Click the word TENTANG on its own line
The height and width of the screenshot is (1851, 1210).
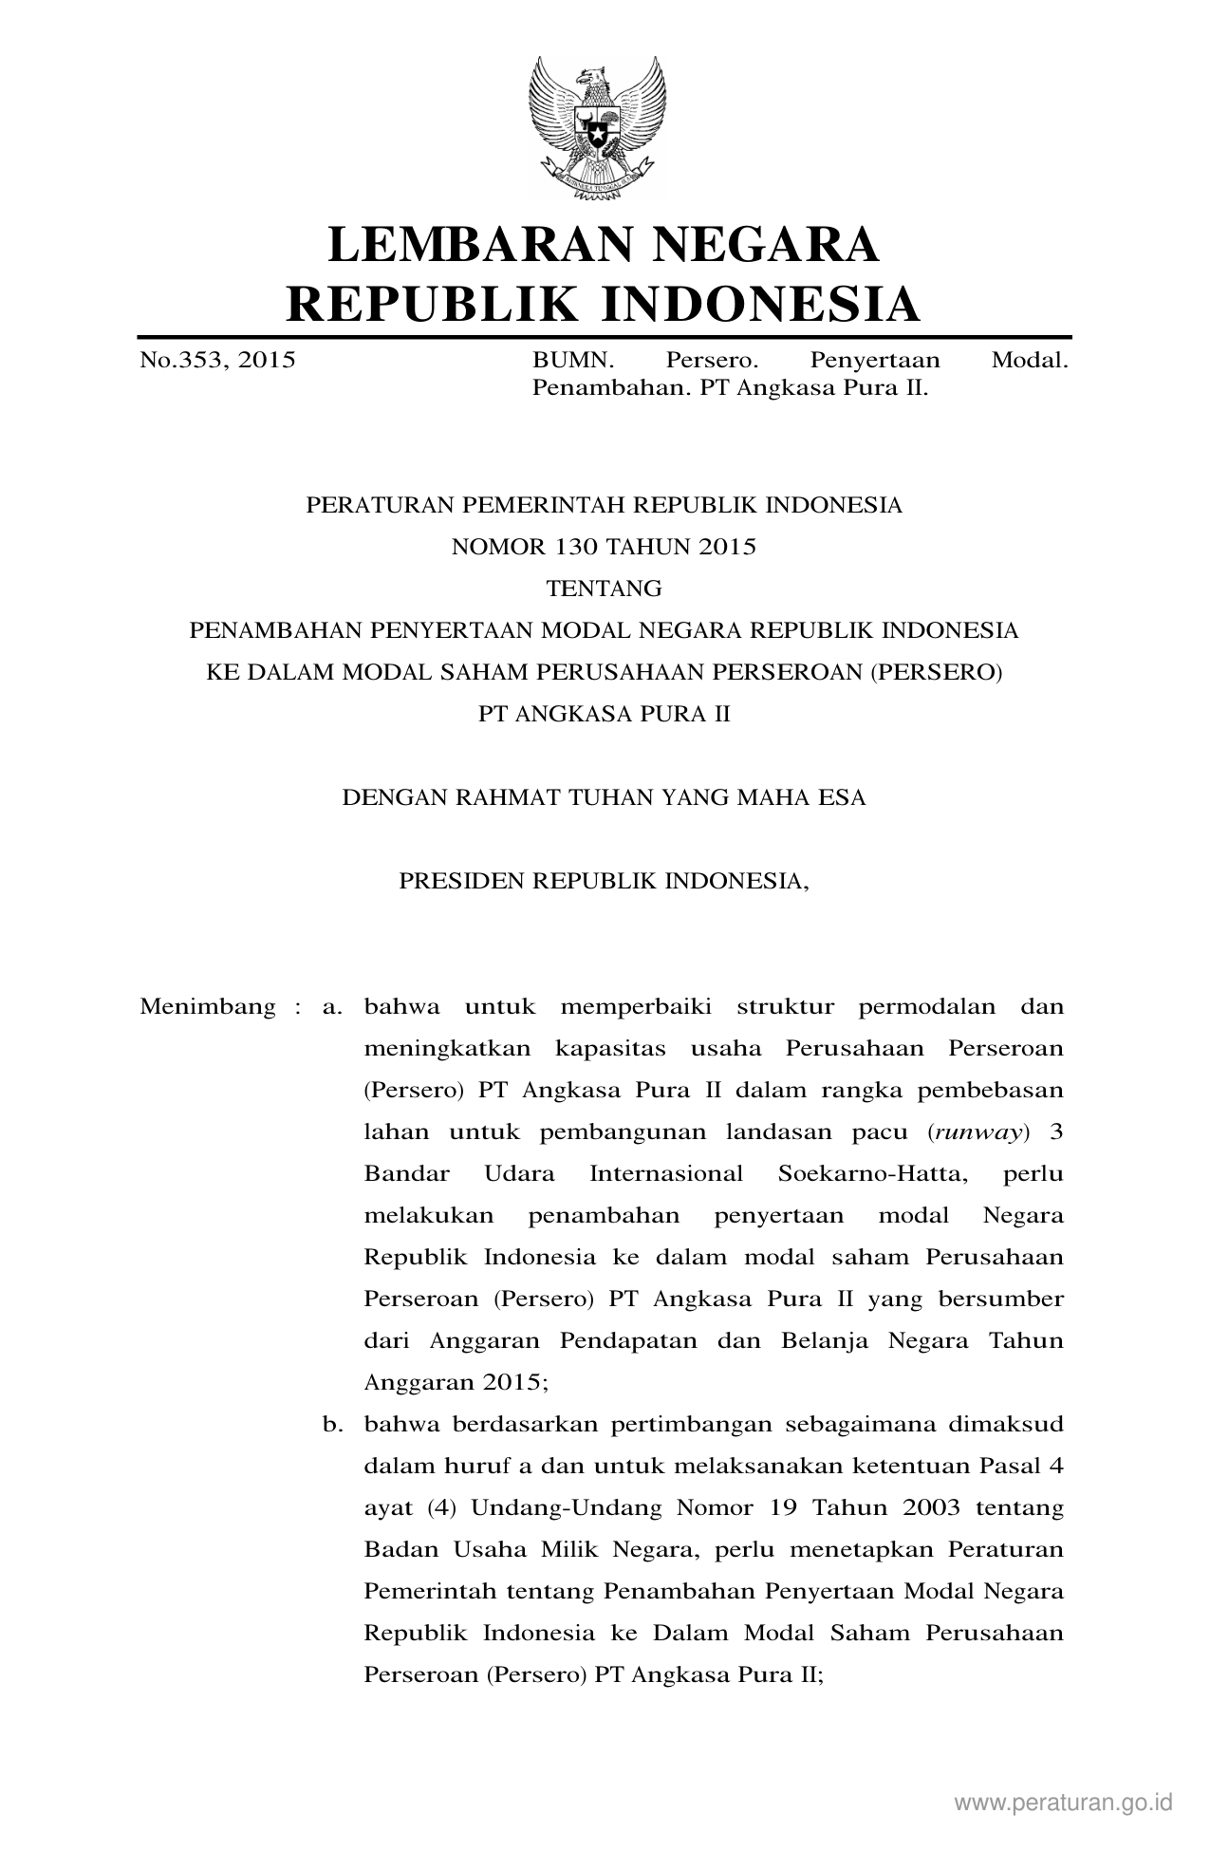click(x=604, y=589)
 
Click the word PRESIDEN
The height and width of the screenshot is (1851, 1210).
click(x=461, y=881)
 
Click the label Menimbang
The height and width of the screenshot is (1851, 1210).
click(x=208, y=1006)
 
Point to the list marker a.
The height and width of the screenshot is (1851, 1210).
click(x=332, y=1006)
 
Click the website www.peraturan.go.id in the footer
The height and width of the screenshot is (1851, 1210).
click(x=1064, y=1803)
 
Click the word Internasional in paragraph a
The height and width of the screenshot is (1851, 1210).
click(x=666, y=1173)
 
